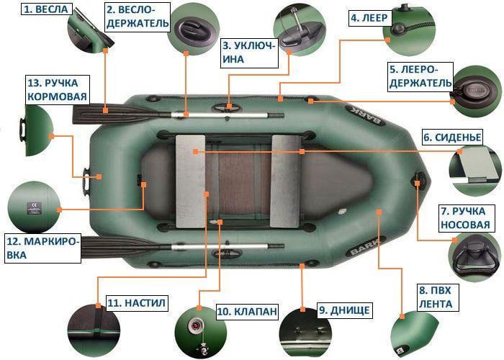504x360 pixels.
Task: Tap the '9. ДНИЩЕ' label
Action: pos(344,310)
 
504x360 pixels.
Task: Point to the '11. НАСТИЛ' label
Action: pos(136,303)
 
